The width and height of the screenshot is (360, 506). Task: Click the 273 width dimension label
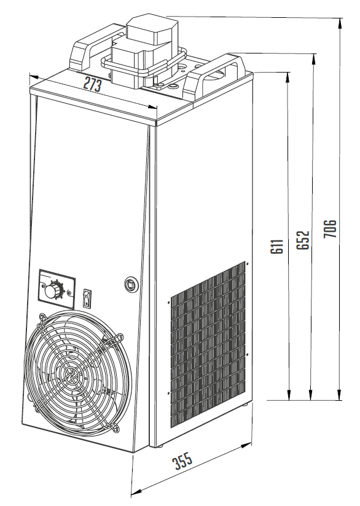[93, 85]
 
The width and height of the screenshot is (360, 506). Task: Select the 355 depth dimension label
[183, 461]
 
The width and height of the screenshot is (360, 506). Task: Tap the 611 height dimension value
[277, 246]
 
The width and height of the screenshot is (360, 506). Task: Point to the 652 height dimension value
[303, 240]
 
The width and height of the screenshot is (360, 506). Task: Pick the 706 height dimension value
[330, 229]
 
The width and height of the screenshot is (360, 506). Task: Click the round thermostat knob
[51, 290]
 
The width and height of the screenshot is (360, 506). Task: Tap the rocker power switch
[87, 297]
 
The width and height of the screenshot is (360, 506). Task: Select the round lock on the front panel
[131, 285]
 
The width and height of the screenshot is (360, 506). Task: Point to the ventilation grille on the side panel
[208, 345]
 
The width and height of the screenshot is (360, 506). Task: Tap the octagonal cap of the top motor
[152, 30]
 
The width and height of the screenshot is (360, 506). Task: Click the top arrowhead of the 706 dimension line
[340, 23]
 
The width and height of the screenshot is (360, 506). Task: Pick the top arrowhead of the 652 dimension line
[313, 60]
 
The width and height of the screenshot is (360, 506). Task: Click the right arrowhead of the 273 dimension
[152, 108]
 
